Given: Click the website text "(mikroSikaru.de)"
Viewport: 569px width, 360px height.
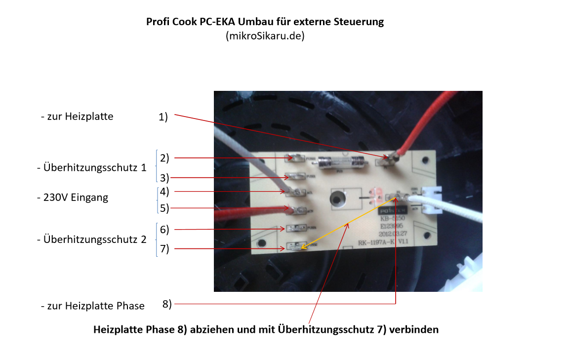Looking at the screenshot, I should click(x=265, y=36).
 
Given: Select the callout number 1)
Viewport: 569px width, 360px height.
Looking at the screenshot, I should click(x=163, y=117).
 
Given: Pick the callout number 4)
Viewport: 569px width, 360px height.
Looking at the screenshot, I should click(x=164, y=191).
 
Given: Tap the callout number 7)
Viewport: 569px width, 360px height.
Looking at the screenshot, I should click(x=164, y=248).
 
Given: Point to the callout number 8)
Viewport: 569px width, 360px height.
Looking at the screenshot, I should click(x=167, y=304).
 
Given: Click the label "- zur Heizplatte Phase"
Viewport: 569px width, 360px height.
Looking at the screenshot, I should click(x=93, y=306).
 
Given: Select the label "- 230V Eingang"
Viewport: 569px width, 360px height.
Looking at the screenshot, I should click(x=73, y=198).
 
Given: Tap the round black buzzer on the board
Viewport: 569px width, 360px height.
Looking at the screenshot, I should click(x=337, y=200).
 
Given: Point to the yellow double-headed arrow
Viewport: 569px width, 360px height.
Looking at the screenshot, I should click(x=346, y=225).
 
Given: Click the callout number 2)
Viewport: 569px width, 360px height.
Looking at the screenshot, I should click(x=164, y=158).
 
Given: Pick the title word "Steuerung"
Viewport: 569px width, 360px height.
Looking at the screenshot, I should click(x=361, y=22).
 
